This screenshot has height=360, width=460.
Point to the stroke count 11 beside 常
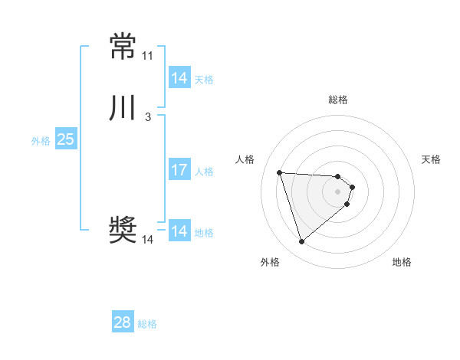pyautogui.click(x=147, y=56)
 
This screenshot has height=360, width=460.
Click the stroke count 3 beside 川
pyautogui.click(x=147, y=117)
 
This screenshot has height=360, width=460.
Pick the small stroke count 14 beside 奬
pyautogui.click(x=147, y=240)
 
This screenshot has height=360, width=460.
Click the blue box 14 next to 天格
pyautogui.click(x=179, y=78)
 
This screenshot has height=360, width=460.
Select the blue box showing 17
pyautogui.click(x=179, y=170)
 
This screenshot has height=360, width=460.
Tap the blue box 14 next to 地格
pyautogui.click(x=179, y=231)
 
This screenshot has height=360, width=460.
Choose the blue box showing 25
pyautogui.click(x=65, y=139)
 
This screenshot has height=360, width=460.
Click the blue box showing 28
pyautogui.click(x=122, y=322)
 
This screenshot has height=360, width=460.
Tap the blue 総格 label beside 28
pyautogui.click(x=147, y=324)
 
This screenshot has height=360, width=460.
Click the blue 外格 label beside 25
pyautogui.click(x=41, y=141)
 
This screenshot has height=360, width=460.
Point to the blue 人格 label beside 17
pyautogui.click(x=204, y=172)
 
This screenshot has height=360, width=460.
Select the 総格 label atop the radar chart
pyautogui.click(x=338, y=100)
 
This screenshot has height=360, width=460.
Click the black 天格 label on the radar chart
pyautogui.click(x=431, y=159)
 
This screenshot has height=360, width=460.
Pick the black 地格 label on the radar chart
pyautogui.click(x=402, y=262)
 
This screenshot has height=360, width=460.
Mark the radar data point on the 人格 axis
pyautogui.click(x=280, y=172)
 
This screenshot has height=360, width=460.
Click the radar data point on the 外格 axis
pyautogui.click(x=302, y=242)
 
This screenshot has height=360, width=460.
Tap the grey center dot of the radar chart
pyautogui.click(x=338, y=191)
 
